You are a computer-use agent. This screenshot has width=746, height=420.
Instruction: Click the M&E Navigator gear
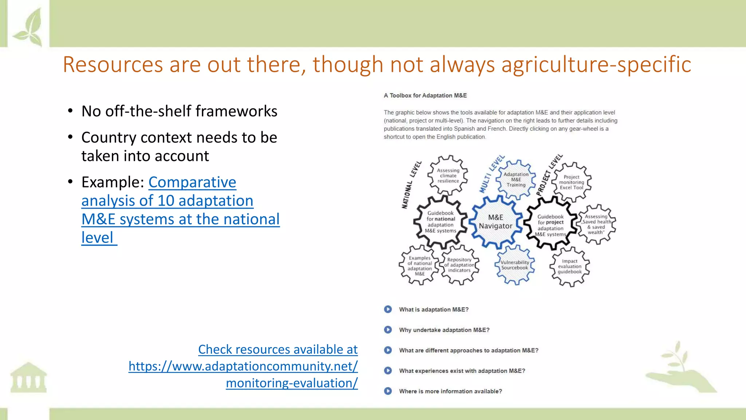(495, 222)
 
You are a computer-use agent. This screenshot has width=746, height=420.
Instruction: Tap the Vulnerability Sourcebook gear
(514, 265)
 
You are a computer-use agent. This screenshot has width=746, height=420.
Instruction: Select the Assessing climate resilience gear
(448, 175)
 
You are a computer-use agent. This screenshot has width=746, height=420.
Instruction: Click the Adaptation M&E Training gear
(516, 179)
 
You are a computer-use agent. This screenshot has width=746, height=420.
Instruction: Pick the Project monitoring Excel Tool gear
(572, 182)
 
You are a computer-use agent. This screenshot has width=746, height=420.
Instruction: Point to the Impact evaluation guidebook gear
(570, 267)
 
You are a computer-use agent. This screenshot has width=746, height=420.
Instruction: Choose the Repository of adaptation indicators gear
(459, 265)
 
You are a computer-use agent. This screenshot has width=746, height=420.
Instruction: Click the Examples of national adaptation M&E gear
(419, 265)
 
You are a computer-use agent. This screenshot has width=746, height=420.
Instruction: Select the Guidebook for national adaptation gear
(440, 222)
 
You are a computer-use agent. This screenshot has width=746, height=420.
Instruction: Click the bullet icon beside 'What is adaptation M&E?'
(388, 309)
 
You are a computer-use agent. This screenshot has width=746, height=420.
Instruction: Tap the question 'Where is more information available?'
(450, 391)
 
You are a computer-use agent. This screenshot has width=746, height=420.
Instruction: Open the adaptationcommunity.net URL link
(243, 366)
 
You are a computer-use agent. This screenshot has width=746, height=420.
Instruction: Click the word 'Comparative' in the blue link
(192, 182)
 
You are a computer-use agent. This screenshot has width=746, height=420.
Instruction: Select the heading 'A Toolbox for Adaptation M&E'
(425, 96)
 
